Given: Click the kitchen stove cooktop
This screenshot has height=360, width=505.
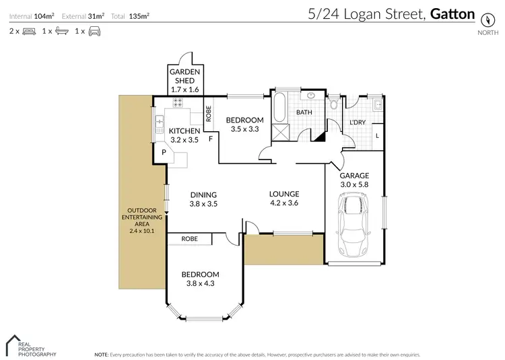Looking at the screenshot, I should point(179,103).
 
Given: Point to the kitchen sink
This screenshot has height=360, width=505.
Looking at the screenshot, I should point(160,123).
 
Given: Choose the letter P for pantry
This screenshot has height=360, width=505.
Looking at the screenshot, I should point(162,153).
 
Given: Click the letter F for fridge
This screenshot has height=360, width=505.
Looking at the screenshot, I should point(211,139).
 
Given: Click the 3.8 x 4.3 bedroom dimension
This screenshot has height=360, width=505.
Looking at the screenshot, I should point(200,283).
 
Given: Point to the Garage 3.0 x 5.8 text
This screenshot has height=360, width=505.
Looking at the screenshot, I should point(353,180).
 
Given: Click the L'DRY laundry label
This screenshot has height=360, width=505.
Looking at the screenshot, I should point(358,122).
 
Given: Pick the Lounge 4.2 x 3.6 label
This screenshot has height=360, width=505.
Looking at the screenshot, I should point(283,197).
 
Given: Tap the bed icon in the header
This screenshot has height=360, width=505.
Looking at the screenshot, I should point(29,31).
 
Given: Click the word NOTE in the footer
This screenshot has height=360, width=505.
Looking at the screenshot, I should point(101,353).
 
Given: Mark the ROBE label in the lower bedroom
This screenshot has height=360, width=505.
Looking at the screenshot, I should point(189,238).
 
